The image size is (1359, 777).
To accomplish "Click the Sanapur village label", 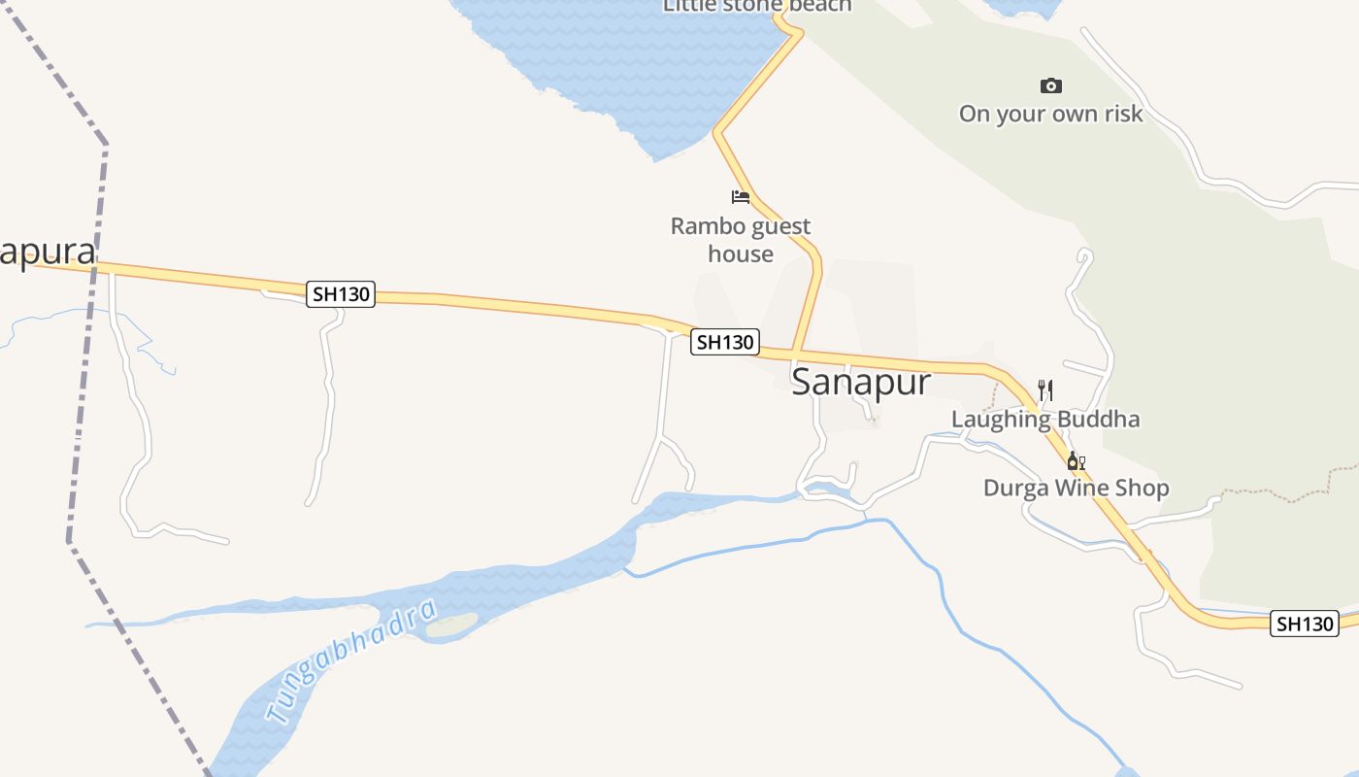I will click(x=861, y=383).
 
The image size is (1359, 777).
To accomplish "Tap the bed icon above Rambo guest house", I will click(x=741, y=197).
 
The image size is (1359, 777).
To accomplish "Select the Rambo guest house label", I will click(x=741, y=240).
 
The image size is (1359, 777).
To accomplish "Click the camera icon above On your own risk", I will click(x=1050, y=86).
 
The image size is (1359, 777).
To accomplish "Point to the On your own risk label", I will click(x=1050, y=114).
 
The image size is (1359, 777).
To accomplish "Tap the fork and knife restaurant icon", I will click(x=1045, y=390).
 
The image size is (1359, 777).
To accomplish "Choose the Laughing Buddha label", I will click(x=1044, y=420).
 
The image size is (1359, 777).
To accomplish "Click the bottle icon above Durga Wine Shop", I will click(x=1075, y=460).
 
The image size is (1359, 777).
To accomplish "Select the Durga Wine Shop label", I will click(x=1076, y=488).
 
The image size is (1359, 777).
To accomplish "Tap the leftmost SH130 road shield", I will click(x=341, y=293).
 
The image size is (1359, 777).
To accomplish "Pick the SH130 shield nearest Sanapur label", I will click(x=724, y=342).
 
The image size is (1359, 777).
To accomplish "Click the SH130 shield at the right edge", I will click(x=1305, y=624).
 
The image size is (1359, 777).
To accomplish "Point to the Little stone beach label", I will click(x=757, y=6).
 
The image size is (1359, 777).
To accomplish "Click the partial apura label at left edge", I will click(x=48, y=253).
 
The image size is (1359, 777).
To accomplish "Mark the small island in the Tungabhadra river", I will click(x=452, y=625).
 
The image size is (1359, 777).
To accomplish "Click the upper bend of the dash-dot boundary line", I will click(x=105, y=146).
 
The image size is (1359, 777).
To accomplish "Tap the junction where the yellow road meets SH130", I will click(x=795, y=353).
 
